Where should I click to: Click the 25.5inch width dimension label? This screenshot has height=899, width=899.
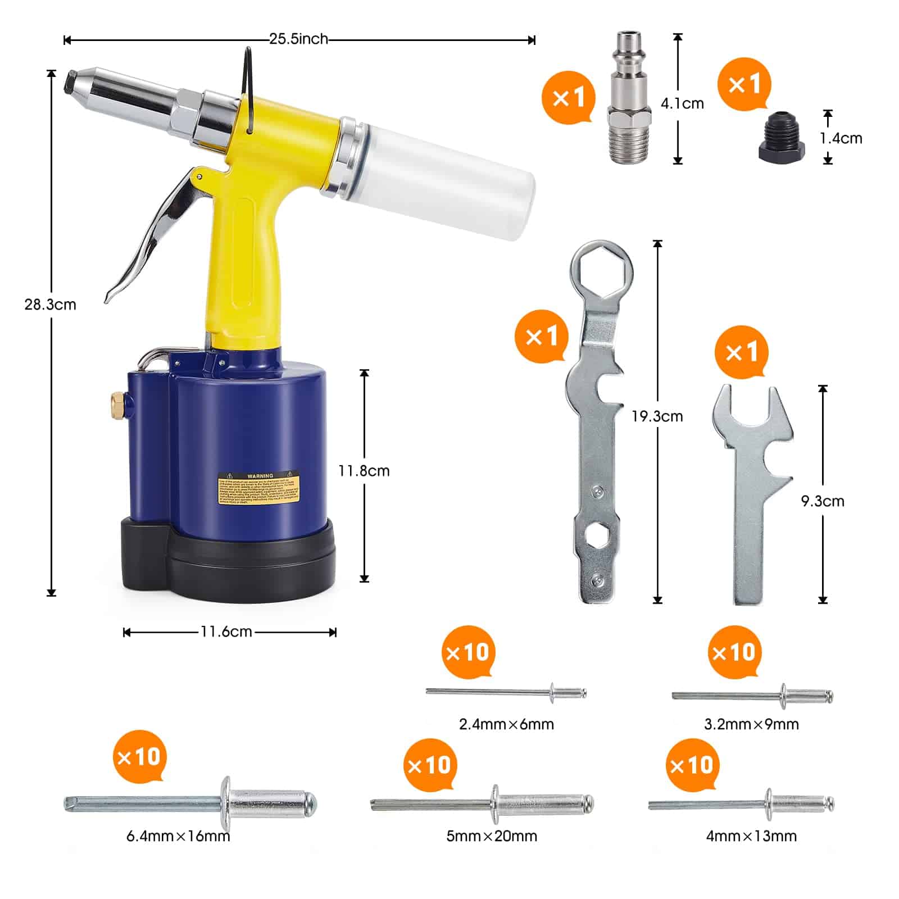[x=298, y=39]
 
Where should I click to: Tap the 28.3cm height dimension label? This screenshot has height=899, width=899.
[x=50, y=305]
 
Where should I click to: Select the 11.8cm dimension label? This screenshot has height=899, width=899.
[x=364, y=471]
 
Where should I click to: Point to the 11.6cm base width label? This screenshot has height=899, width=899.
[x=226, y=632]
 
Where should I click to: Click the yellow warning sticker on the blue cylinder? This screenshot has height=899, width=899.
[x=259, y=488]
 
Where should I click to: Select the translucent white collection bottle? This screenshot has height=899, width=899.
[x=444, y=180]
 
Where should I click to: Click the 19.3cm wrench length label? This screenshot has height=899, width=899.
[x=657, y=417]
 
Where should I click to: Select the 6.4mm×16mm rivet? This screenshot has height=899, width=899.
[x=191, y=803]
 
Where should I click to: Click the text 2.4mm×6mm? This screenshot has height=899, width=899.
[x=506, y=724]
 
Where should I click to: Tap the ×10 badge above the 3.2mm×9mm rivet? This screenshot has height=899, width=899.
[x=734, y=652]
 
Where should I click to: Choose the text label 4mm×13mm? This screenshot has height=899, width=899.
[x=751, y=836]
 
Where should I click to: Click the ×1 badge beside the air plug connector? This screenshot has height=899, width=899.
[x=568, y=97]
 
